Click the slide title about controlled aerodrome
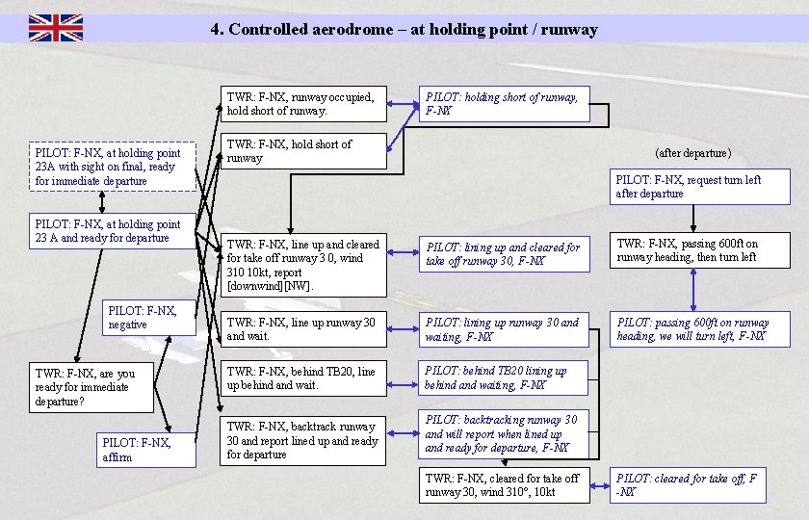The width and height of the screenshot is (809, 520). click(x=404, y=29)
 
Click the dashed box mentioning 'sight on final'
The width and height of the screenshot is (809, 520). click(x=112, y=167)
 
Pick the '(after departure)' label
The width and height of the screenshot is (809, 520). click(x=692, y=153)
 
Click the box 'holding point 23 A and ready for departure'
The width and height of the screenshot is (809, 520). click(x=112, y=231)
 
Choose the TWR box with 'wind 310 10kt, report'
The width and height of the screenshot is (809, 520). click(x=303, y=265)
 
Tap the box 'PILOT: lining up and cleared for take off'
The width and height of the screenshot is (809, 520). click(x=502, y=254)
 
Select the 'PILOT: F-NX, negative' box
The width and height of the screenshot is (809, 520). click(x=149, y=319)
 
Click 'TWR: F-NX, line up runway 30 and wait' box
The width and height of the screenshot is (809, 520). click(x=303, y=329)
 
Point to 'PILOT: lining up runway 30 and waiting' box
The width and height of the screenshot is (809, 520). click(x=502, y=329)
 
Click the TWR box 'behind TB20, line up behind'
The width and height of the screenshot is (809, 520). click(x=303, y=377)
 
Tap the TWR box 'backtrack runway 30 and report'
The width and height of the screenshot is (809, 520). click(x=303, y=440)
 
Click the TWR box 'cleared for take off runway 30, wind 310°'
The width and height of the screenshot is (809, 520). click(x=502, y=485)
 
